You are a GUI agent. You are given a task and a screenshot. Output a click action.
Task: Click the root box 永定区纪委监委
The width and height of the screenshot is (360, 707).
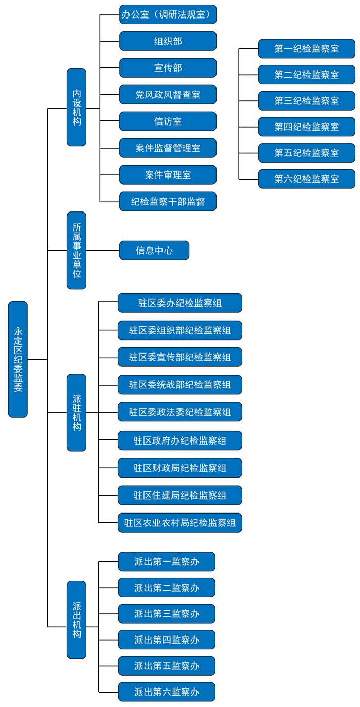[18, 359]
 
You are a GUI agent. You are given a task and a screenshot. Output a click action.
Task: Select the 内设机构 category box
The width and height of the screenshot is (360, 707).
[77, 107]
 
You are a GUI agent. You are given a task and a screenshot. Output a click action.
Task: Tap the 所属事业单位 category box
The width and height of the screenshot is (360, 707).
[77, 250]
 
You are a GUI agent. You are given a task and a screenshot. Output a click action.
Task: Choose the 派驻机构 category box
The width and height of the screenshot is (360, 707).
[77, 412]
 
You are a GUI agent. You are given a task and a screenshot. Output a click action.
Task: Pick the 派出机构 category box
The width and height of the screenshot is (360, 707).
[77, 620]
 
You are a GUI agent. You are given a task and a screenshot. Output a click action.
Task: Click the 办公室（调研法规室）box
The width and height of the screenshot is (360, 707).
[168, 14]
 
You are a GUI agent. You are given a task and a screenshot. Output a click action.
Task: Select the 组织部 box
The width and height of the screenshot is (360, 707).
[168, 41]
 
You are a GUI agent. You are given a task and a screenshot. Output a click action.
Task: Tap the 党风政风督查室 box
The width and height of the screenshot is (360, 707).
[168, 95]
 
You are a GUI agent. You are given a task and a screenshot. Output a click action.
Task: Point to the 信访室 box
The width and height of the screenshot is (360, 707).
[168, 121]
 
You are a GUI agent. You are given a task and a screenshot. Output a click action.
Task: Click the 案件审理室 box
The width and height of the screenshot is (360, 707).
[168, 175]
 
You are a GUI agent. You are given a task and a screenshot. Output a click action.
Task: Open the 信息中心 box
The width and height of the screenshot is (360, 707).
[154, 251]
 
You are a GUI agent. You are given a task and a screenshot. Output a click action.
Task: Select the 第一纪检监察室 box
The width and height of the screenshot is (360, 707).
[307, 49]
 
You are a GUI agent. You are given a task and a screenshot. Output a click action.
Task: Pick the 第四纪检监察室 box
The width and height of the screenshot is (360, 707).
[307, 127]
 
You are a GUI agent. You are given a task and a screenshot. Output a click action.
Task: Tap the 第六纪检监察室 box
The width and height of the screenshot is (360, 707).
[307, 179]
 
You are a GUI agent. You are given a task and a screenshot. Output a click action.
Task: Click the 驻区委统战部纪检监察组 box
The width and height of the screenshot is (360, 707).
[180, 384]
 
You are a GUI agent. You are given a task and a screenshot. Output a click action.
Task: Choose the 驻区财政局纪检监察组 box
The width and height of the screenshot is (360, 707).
[180, 468]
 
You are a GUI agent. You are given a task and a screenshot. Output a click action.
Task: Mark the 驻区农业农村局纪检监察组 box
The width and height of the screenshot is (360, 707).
[180, 523]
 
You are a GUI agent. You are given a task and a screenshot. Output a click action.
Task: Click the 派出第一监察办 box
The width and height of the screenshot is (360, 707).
[167, 562]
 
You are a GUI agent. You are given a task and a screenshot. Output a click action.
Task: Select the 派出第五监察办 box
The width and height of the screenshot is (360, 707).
[167, 666]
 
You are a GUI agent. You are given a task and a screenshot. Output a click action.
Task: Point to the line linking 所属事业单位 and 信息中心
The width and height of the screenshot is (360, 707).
[103, 251]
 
